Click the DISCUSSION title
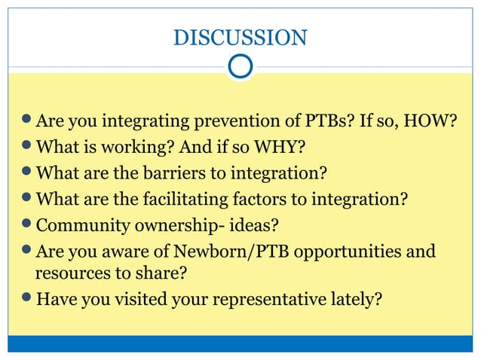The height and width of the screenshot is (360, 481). pos(240,37)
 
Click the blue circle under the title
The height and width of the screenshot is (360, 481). pos(240,66)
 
